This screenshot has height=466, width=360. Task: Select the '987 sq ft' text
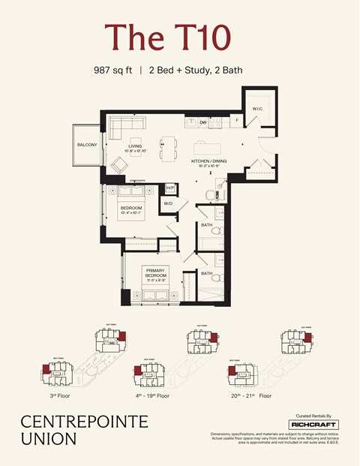pos(113,71)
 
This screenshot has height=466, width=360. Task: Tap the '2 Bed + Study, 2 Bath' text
pos(195,71)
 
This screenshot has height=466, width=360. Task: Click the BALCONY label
pos(86,145)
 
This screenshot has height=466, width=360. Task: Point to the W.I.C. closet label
pos(257,109)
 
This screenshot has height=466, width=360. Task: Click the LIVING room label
pos(135,146)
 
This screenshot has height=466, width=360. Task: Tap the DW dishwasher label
pos(203,122)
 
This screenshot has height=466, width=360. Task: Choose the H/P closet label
pos(170,188)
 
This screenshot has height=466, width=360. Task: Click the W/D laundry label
pos(168,203)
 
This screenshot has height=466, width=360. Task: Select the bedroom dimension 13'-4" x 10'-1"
pos(136,212)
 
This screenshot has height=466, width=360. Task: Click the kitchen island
pos(214,145)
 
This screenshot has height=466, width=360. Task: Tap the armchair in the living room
pos(120,165)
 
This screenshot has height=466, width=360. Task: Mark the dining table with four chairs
pos(166,145)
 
